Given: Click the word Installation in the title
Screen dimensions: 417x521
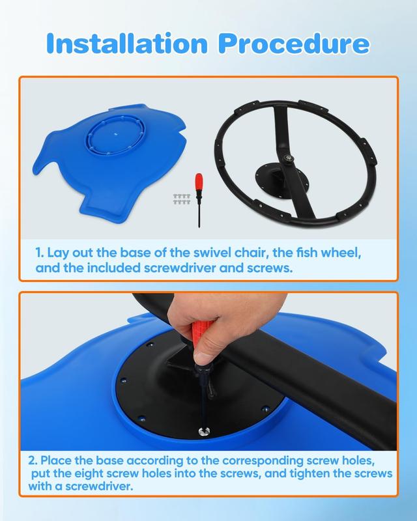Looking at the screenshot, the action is point(127,43).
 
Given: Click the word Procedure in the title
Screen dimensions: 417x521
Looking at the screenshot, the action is point(294,43).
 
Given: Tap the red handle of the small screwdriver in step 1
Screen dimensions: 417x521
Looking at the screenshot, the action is point(199,184).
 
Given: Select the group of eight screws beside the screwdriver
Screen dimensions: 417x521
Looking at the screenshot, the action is point(182,199).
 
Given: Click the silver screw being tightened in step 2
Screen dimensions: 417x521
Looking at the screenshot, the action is point(203,432).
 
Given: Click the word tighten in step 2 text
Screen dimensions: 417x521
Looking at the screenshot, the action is point(309,473).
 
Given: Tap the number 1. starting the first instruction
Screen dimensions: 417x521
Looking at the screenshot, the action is point(40,253).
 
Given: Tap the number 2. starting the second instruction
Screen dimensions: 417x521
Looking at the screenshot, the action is point(33,460).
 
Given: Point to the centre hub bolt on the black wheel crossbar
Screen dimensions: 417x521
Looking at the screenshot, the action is point(287,158).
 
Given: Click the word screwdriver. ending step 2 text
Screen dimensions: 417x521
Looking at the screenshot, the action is point(99,486).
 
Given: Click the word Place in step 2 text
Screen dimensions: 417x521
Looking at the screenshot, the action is point(55,460).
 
